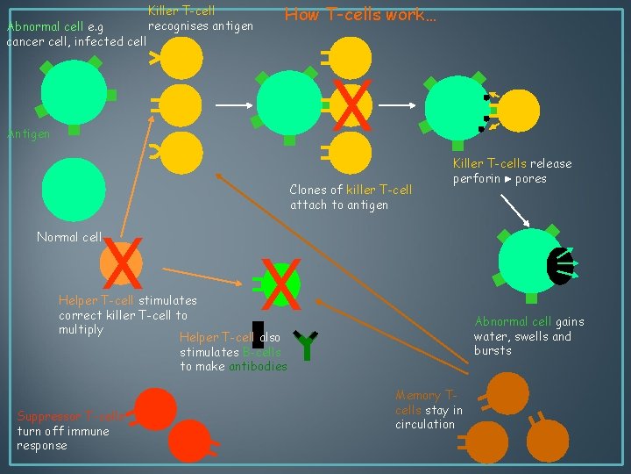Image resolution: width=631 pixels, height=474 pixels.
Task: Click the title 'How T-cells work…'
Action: click(360, 14)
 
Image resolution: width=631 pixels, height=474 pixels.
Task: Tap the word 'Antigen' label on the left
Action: click(29, 133)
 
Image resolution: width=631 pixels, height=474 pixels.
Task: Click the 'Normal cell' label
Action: click(68, 236)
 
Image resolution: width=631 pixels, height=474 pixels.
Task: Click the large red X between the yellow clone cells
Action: click(351, 104)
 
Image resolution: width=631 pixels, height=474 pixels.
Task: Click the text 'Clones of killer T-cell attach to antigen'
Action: click(351, 197)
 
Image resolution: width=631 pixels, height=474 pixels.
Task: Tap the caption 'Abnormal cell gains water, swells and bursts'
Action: click(528, 335)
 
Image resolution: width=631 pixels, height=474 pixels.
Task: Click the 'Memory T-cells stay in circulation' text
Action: click(429, 410)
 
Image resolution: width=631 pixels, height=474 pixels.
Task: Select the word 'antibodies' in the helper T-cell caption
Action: click(258, 366)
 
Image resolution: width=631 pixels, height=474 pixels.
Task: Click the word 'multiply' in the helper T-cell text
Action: click(81, 329)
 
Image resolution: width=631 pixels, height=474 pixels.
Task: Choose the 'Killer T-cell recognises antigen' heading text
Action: click(196, 18)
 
